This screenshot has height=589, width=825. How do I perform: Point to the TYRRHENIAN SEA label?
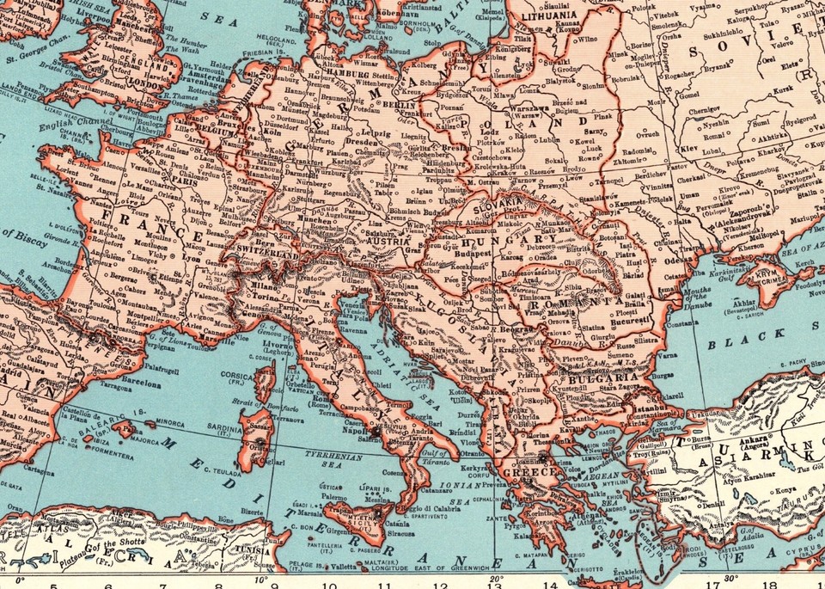click(332, 459)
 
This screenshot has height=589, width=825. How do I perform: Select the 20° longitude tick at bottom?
click(497, 580)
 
